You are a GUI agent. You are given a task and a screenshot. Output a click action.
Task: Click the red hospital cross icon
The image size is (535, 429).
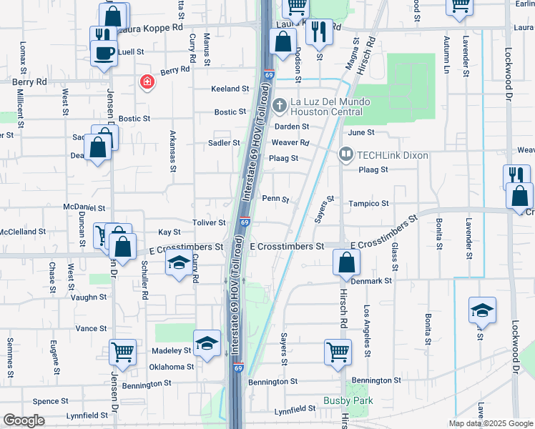pyautogui.click(x=147, y=82)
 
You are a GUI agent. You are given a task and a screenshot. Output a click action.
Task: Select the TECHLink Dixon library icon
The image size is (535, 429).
pyautogui.click(x=346, y=154)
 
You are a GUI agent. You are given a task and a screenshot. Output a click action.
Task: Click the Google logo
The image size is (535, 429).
pyautogui.click(x=24, y=420)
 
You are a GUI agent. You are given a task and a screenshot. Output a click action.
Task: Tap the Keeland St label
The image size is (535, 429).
pyautogui.click(x=229, y=89)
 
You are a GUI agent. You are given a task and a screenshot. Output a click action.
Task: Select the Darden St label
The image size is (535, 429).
pyautogui.click(x=291, y=127)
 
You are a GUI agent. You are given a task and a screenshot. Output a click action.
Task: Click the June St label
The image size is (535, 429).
pyautogui.click(x=360, y=132)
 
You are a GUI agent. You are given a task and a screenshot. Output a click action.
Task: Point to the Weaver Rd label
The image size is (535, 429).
pyautogui.click(x=290, y=142)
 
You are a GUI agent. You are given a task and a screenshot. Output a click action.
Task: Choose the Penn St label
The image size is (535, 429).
pyautogui.click(x=275, y=199)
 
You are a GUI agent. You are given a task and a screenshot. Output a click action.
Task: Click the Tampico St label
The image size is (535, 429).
pyautogui.click(x=368, y=204)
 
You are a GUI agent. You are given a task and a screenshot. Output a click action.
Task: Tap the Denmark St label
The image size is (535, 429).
pyautogui.click(x=373, y=281)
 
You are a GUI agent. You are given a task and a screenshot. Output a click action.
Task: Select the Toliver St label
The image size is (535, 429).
pyautogui.click(x=210, y=224)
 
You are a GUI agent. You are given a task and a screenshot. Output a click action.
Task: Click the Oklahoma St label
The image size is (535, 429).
pyautogui.click(x=171, y=367)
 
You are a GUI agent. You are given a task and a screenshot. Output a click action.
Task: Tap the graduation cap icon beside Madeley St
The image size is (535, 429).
pyautogui.click(x=207, y=343)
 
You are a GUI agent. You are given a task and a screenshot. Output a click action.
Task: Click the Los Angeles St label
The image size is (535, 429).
pyautogui.click(x=368, y=331)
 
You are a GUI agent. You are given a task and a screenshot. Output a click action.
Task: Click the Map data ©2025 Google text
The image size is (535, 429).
pyautogui.click(x=490, y=423)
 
